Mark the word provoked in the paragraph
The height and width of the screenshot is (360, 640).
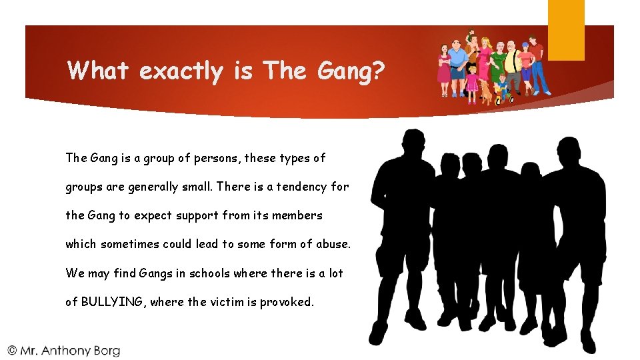(286, 302)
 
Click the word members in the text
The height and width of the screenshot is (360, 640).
(297, 215)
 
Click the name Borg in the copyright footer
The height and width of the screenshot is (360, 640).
(107, 349)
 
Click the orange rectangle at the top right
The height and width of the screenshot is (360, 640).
(566, 30)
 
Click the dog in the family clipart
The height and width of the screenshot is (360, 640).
(486, 93)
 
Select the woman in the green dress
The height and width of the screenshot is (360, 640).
(498, 63)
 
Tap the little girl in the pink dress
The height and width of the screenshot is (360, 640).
(472, 83)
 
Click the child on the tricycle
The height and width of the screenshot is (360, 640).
(503, 90)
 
